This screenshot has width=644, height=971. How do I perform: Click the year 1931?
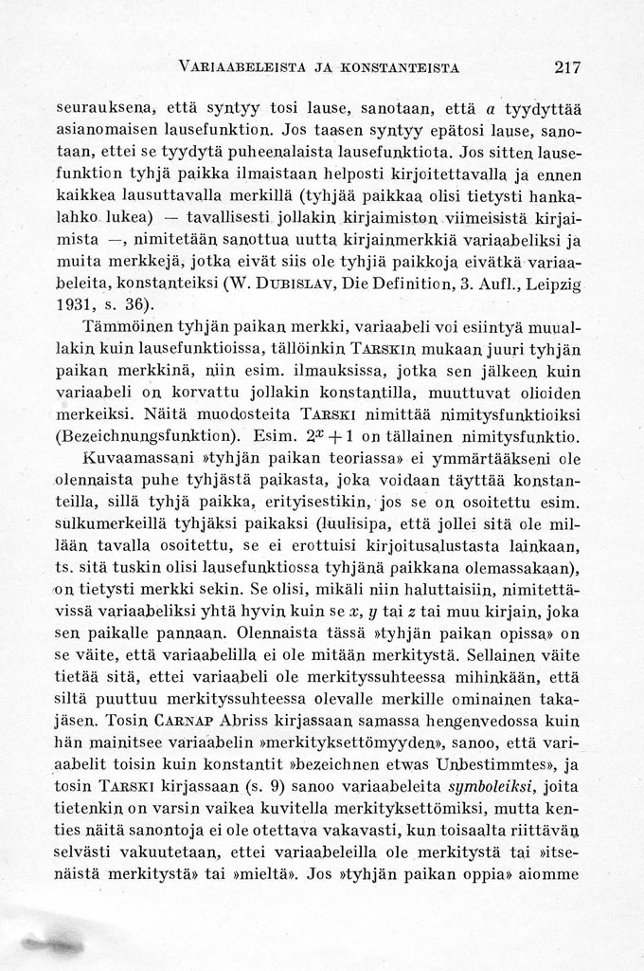[75, 303]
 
